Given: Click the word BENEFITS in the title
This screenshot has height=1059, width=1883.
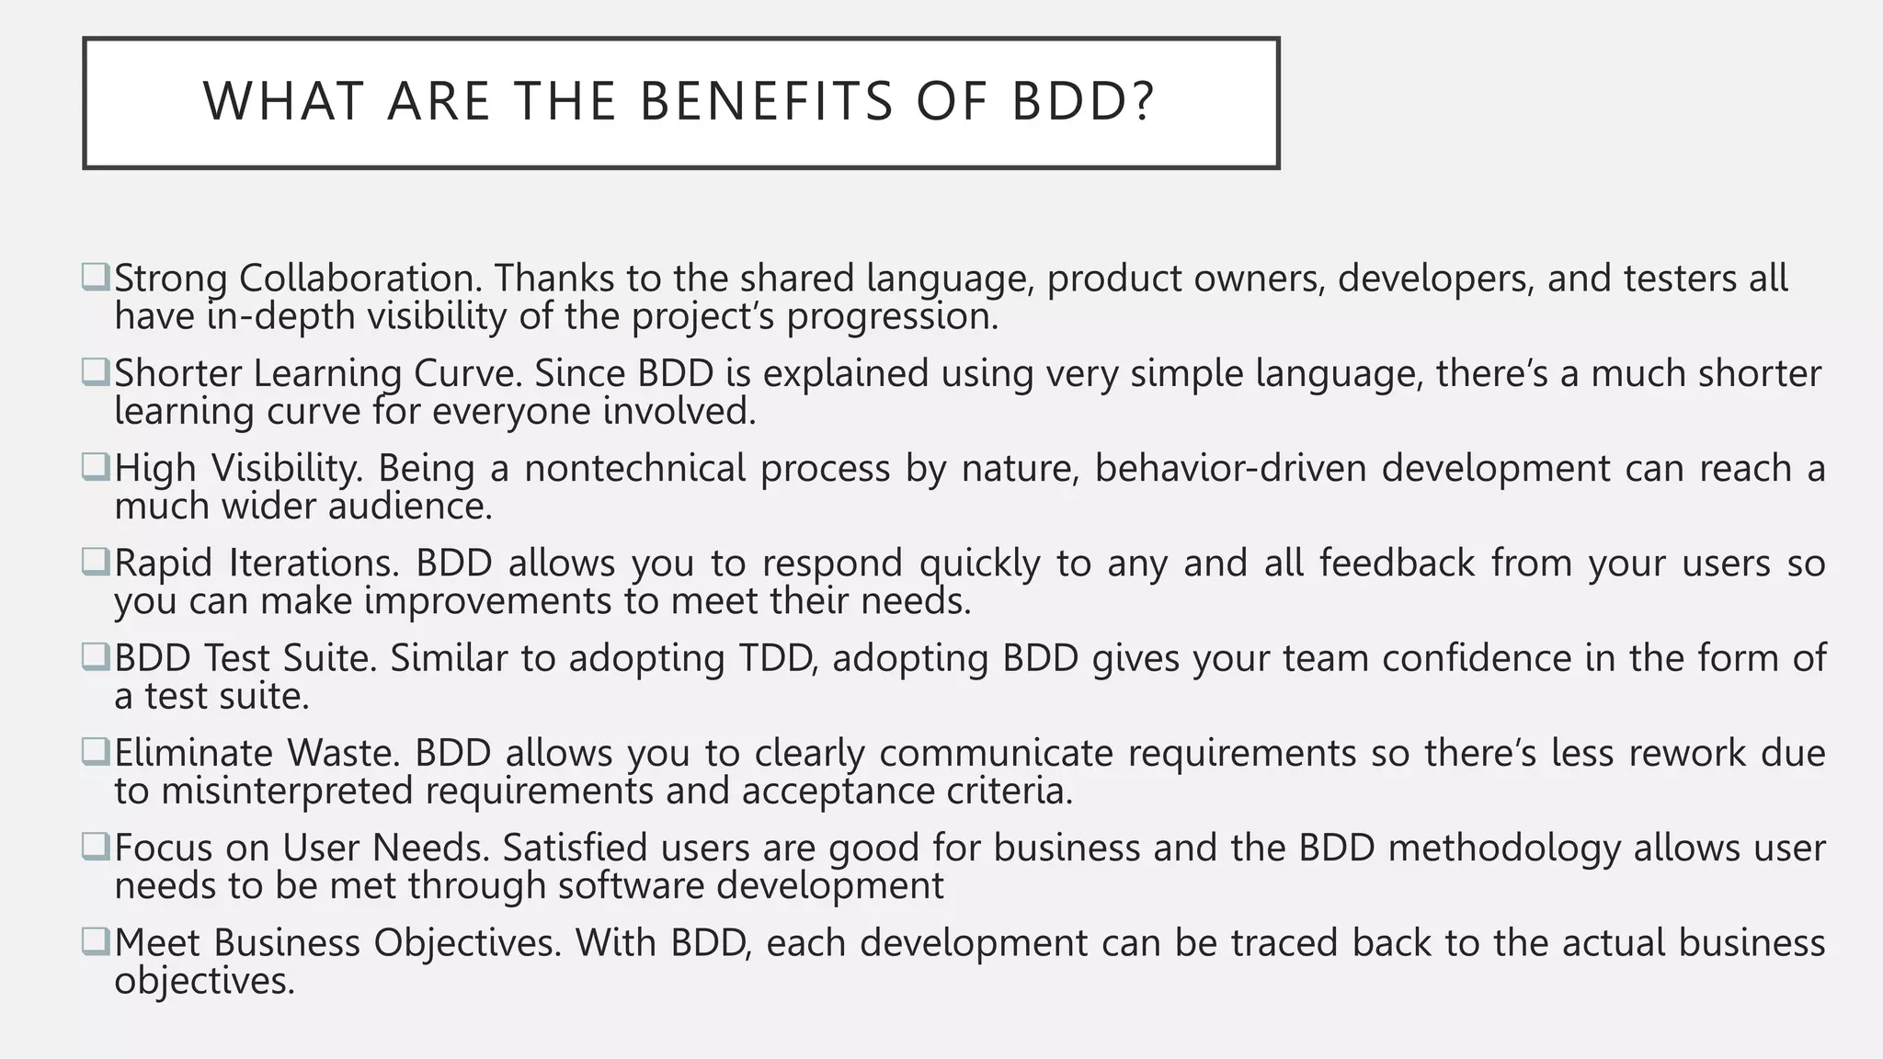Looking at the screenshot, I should (x=766, y=102).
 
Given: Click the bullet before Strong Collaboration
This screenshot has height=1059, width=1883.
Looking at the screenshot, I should (x=95, y=277).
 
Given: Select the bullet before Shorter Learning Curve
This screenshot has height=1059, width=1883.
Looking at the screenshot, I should (x=95, y=371).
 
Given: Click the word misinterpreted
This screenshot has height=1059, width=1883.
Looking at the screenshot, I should (x=287, y=791).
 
